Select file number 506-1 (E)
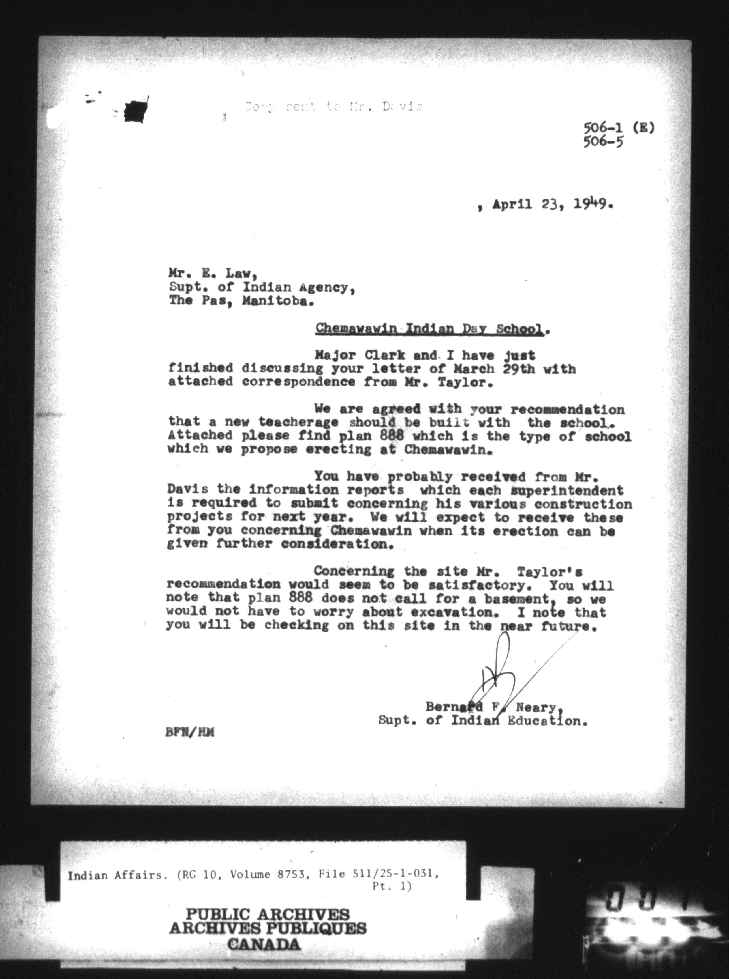pyautogui.click(x=619, y=128)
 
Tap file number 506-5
pyautogui.click(x=603, y=142)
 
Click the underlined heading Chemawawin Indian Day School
pyautogui.click(x=428, y=329)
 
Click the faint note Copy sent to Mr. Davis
pyautogui.click(x=333, y=107)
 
